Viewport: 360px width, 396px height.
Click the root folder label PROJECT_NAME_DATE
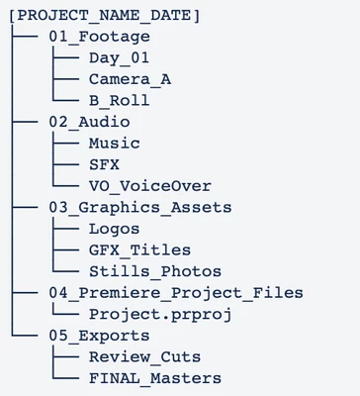tap(104, 16)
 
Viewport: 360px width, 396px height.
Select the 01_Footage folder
tap(99, 37)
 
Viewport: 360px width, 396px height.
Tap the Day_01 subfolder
tap(119, 58)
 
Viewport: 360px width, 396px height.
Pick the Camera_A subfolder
tap(130, 79)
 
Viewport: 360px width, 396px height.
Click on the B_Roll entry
tap(119, 101)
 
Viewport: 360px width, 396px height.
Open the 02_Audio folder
tap(89, 122)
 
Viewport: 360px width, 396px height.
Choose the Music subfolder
tap(115, 144)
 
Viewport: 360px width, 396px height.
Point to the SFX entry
tap(104, 164)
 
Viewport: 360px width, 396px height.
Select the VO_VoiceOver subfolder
tap(150, 186)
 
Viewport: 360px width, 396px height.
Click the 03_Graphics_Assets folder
tap(140, 208)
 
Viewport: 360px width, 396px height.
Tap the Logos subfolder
tap(114, 230)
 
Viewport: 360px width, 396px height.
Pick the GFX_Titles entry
tap(139, 250)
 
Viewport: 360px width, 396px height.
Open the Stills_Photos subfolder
tap(155, 271)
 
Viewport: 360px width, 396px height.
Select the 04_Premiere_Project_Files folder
tap(176, 293)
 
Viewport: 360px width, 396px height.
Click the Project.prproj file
tap(160, 315)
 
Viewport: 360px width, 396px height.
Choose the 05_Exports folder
tap(99, 336)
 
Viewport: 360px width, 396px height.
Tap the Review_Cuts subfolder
tap(144, 357)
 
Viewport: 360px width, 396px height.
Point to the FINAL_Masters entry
tap(155, 378)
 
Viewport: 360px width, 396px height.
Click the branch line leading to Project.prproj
tap(64, 313)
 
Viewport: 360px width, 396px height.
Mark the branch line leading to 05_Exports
tap(25, 336)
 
